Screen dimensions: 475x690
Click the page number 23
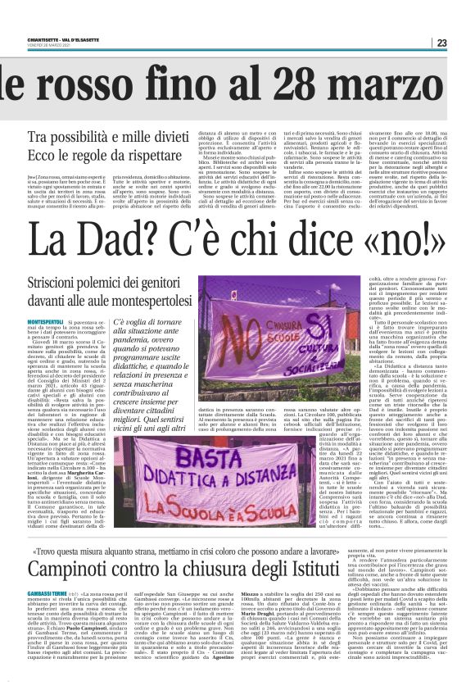coord(464,43)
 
